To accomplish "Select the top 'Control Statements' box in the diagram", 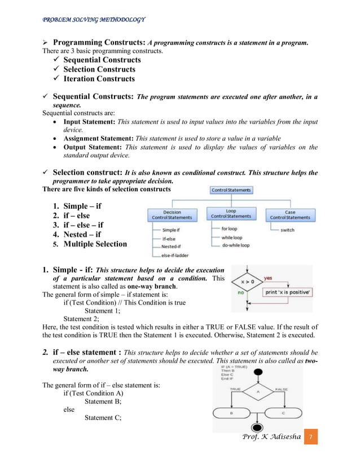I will (231, 190).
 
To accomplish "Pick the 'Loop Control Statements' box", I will (231, 213).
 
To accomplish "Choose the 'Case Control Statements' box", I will (289, 214).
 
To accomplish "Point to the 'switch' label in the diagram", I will (287, 230).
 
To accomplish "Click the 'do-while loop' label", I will (236, 245).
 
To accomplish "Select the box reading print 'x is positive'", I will (288, 292).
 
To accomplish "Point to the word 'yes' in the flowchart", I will (268, 278).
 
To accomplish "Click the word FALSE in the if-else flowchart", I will (282, 389).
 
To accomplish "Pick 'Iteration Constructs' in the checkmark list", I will (99, 79).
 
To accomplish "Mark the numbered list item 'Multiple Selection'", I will (95, 244).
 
